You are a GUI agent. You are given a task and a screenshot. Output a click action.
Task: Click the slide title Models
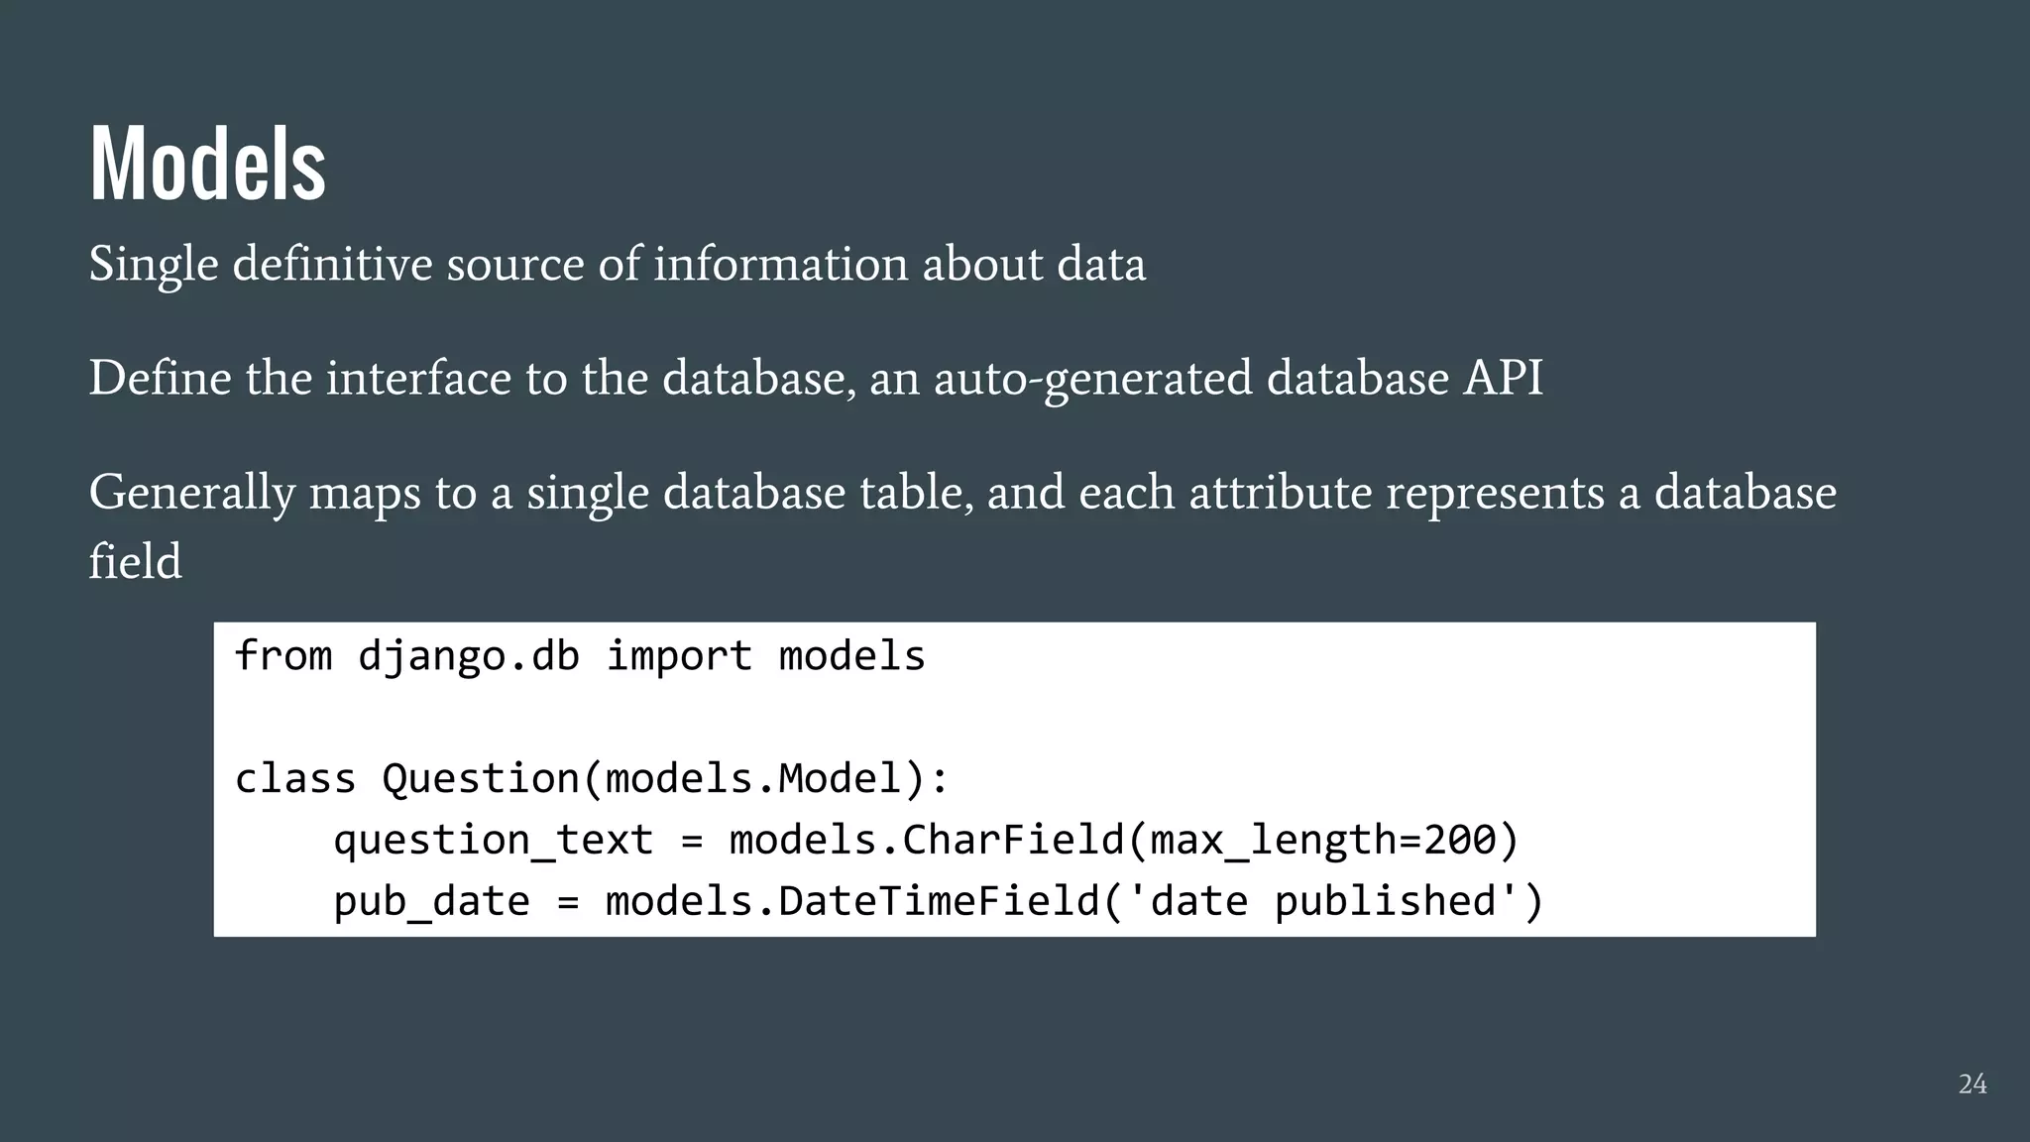coord(207,164)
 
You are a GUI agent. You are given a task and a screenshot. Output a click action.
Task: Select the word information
coord(780,265)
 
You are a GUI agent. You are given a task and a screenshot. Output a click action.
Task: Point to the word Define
coord(160,379)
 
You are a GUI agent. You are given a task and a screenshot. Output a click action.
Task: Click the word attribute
coord(1280,493)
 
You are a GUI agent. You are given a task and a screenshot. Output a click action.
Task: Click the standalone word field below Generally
coord(135,562)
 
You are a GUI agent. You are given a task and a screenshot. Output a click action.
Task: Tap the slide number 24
coord(1972,1085)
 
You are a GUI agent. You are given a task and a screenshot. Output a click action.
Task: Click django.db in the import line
coord(468,657)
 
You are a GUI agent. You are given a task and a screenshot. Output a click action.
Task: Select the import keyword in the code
coord(679,657)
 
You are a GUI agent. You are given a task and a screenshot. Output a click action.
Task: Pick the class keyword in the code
coord(294,779)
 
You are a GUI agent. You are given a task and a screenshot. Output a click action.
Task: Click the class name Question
coord(481,779)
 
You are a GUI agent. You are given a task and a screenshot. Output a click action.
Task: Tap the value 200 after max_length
coord(1459,841)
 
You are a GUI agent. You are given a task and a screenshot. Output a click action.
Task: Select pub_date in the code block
coord(431,902)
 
